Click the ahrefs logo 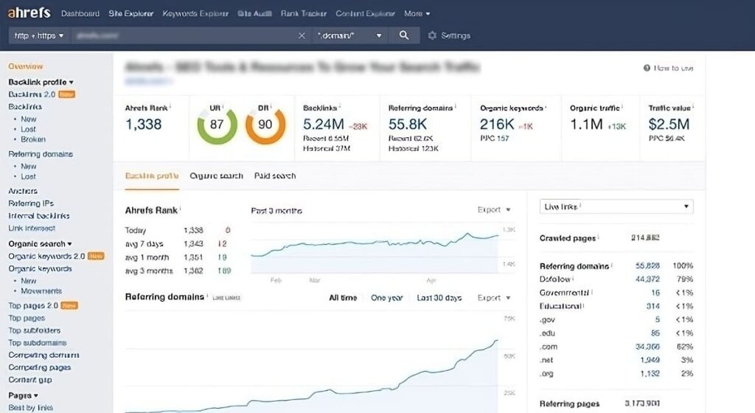click(29, 13)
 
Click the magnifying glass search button click(404, 35)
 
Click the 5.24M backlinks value click(323, 124)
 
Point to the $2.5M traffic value click(669, 124)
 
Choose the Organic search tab click(216, 176)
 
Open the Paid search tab click(275, 176)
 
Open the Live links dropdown click(616, 206)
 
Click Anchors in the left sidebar click(23, 191)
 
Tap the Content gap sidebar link click(30, 380)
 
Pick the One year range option click(387, 298)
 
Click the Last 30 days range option click(439, 298)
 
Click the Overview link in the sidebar click(26, 66)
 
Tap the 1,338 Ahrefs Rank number click(144, 124)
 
